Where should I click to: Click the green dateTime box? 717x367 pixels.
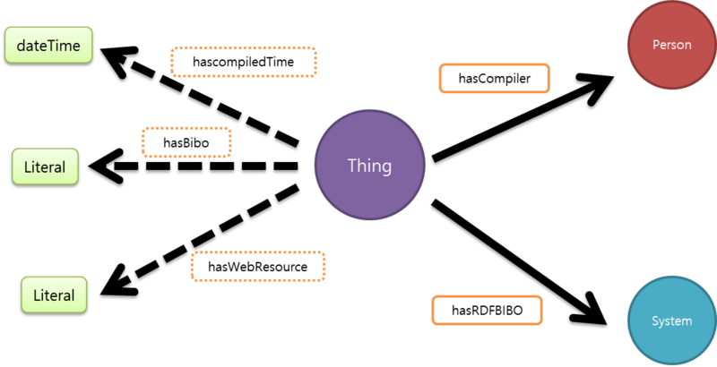point(48,45)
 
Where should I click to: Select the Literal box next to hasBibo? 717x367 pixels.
point(45,167)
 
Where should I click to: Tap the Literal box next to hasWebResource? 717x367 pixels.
point(54,294)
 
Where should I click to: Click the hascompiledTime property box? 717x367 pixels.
point(245,62)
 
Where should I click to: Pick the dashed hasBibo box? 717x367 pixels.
point(186,142)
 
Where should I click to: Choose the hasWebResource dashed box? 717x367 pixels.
point(258,267)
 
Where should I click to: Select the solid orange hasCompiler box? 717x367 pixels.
point(494,79)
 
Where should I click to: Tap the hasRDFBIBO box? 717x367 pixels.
point(488,311)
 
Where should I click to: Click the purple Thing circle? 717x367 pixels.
point(369,166)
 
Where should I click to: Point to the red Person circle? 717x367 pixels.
point(671,46)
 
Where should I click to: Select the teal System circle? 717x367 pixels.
point(671,321)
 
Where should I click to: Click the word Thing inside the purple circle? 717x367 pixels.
point(369,166)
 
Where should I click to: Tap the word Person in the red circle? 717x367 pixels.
point(671,46)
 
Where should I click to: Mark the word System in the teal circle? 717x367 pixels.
point(671,321)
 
